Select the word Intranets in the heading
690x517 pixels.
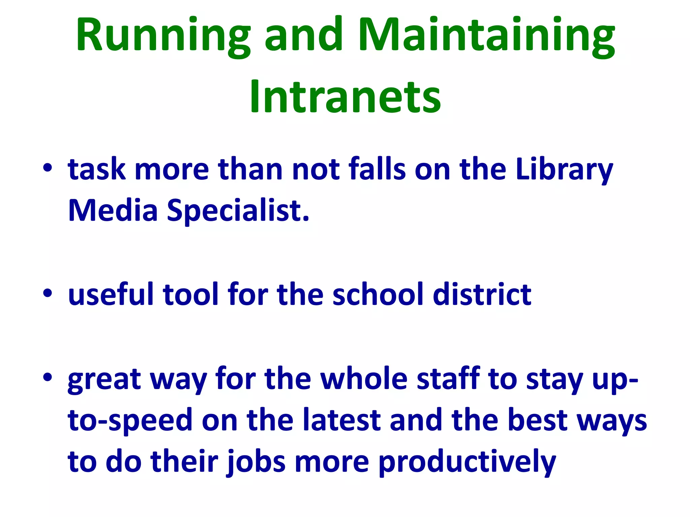(x=345, y=98)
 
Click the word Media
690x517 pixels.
(x=113, y=210)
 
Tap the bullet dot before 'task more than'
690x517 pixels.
(x=48, y=167)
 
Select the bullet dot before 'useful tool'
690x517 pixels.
(x=48, y=293)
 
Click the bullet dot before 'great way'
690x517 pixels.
(x=48, y=377)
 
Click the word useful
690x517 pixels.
(x=111, y=294)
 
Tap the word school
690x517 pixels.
(x=378, y=294)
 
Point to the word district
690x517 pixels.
(x=482, y=294)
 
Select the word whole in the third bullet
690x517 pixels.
(x=364, y=379)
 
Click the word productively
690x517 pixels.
(x=467, y=462)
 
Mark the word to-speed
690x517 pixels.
(x=130, y=421)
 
